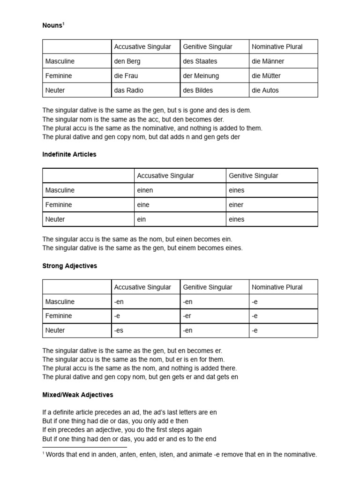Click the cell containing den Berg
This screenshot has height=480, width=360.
pos(127,61)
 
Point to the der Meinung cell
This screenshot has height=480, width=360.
pos(201,75)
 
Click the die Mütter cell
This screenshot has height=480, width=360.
pos(266,75)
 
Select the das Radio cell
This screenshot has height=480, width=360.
pos(129,90)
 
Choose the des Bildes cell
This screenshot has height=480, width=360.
pos(198,90)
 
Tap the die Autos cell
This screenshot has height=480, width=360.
pos(265,90)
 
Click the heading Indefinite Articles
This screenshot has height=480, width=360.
pos(69,154)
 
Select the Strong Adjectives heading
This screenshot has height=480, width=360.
pos(70,266)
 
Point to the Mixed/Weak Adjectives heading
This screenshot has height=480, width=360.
pos(78,395)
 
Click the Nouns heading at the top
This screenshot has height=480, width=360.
pos(52,26)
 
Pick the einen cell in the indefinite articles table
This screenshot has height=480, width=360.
pos(145,190)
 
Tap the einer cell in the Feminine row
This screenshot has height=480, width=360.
pos(236,205)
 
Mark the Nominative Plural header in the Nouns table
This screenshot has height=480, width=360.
pos(277,46)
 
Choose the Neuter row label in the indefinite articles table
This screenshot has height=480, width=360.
pos(55,219)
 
